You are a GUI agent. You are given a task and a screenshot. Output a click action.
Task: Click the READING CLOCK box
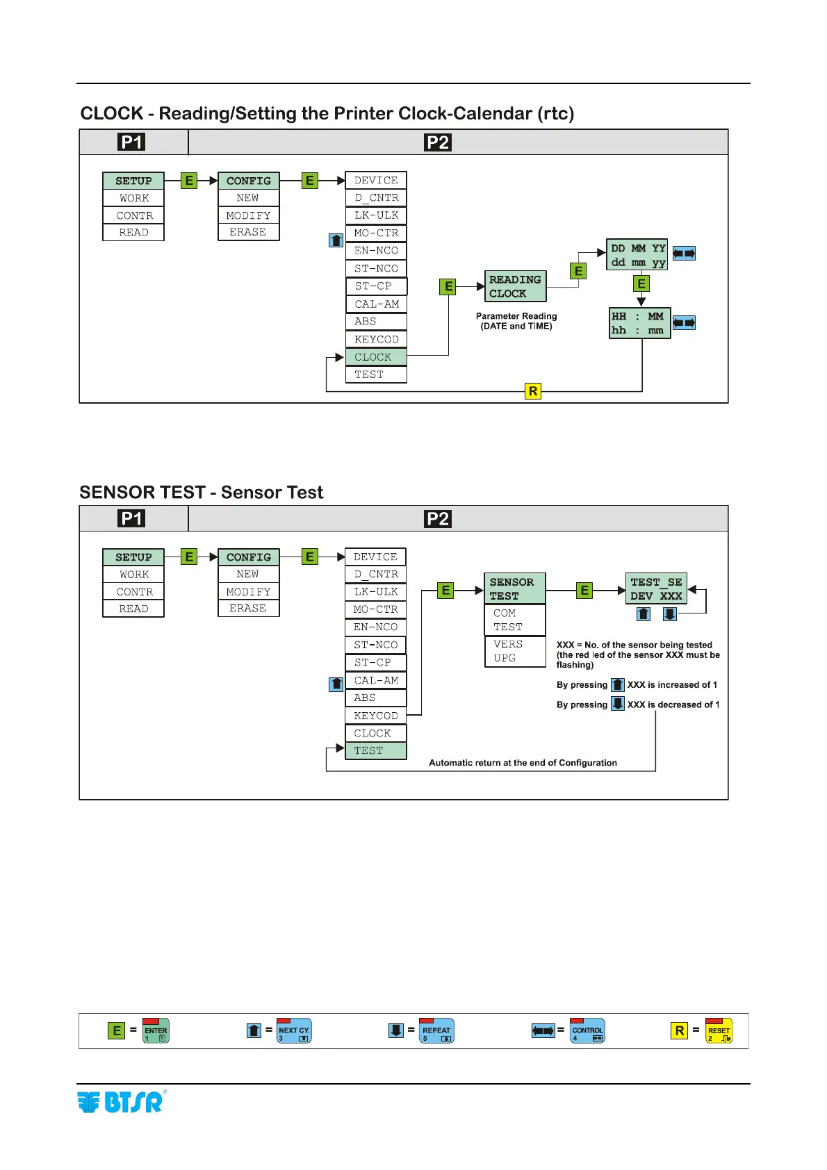point(515,286)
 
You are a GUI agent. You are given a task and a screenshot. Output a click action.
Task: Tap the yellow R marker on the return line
point(533,391)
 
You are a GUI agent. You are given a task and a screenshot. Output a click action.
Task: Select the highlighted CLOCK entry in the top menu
point(375,357)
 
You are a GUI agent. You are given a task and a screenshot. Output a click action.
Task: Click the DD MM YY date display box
point(637,255)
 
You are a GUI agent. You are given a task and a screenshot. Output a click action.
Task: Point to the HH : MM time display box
point(639,323)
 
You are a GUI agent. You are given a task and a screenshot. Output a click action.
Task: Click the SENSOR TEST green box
point(514,588)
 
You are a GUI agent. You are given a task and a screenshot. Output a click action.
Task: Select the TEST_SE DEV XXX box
point(656,588)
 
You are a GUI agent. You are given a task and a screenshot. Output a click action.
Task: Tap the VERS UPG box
point(514,651)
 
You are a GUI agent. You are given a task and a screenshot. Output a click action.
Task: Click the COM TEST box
point(514,620)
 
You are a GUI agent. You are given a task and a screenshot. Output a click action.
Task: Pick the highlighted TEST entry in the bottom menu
point(375,750)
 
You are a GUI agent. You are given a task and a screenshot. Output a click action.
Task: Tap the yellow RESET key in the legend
point(719,1030)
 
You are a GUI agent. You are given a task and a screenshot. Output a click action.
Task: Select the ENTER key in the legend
point(156,1030)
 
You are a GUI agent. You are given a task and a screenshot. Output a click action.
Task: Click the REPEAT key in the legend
point(436,1030)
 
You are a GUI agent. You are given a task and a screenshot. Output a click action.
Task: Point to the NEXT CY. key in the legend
point(294,1030)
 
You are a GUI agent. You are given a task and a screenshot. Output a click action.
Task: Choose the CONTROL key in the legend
point(587,1030)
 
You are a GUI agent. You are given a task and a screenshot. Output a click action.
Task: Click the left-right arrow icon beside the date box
point(684,254)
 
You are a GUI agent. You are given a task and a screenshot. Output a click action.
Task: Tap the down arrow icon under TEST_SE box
point(669,614)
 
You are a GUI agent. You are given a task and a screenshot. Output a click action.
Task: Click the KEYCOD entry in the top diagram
point(375,339)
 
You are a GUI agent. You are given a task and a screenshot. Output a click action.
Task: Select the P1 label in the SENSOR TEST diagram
point(131,518)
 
